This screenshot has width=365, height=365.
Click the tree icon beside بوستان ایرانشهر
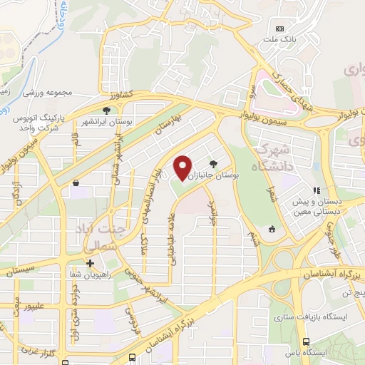point(106,110)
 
